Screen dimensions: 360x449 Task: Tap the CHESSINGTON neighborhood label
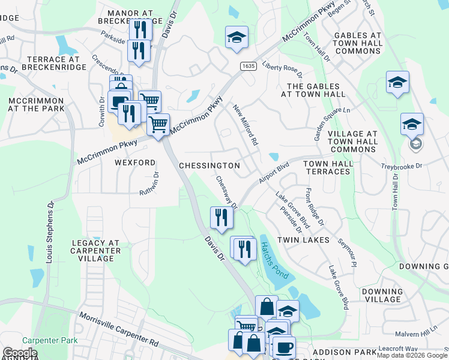[x=209, y=166]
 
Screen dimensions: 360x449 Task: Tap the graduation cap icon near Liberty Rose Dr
[x=237, y=37]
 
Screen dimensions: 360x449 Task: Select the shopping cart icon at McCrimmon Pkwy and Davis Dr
[x=158, y=125]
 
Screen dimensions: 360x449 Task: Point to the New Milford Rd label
[x=246, y=125]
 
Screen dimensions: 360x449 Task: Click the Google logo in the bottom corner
[x=20, y=353]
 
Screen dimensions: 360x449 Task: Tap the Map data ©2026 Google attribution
[x=411, y=355]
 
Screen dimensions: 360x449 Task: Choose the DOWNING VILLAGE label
[x=382, y=295]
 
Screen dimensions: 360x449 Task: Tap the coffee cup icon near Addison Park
[x=283, y=346]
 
